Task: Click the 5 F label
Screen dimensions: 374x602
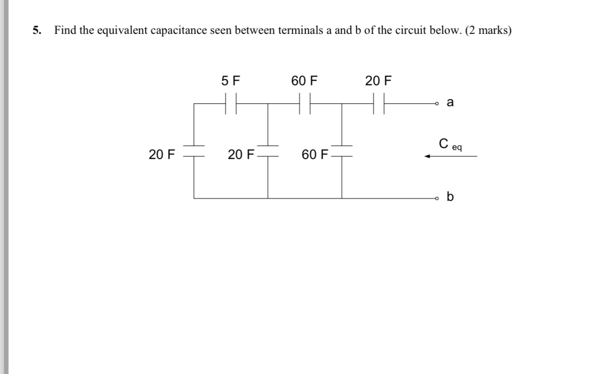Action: [x=230, y=81]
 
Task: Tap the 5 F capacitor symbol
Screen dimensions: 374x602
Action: [x=230, y=103]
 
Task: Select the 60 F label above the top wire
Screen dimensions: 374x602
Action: [x=304, y=81]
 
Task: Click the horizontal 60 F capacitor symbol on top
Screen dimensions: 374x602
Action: [x=305, y=103]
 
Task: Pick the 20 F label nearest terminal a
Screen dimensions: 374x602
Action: [x=378, y=81]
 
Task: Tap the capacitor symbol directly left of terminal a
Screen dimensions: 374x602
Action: [x=379, y=103]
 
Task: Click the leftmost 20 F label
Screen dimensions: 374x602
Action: [x=162, y=155]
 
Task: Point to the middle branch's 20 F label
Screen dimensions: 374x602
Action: [x=241, y=155]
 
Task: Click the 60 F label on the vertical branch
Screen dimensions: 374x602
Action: [x=315, y=155]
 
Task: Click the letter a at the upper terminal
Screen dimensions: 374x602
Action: [x=450, y=102]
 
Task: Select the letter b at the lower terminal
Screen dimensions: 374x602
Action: [x=450, y=197]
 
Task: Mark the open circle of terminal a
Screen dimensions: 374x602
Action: [x=436, y=103]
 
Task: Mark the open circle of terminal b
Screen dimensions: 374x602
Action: [x=436, y=198]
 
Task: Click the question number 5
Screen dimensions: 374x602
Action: [x=36, y=31]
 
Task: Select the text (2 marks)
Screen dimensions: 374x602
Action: [x=488, y=31]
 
